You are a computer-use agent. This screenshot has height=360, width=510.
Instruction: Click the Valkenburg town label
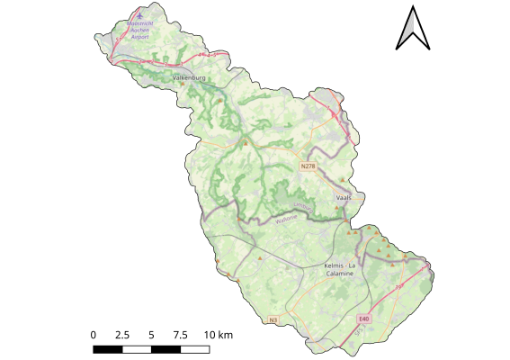[x=189, y=78]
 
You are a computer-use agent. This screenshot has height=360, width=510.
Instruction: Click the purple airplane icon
[x=139, y=16]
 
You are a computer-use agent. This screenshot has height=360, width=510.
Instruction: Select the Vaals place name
[x=344, y=196]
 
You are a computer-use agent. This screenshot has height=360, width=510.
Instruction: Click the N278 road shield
[x=309, y=166]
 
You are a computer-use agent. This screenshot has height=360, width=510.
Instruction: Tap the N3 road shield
[x=274, y=319]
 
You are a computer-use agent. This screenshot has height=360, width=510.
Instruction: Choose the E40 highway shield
[x=363, y=319]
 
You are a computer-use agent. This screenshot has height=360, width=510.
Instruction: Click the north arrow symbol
[x=414, y=27]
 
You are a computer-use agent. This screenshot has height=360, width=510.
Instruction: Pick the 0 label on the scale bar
[x=94, y=335]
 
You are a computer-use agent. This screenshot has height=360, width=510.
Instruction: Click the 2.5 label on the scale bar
[x=122, y=335]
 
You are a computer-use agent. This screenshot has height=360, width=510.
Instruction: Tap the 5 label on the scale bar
[x=151, y=335]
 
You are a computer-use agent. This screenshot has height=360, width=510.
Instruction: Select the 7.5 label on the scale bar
[x=180, y=335]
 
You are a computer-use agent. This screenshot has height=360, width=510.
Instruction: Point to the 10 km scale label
[x=219, y=335]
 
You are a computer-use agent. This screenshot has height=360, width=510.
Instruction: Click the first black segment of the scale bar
[x=108, y=347]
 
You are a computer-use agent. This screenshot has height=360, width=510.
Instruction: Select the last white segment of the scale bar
[x=194, y=347]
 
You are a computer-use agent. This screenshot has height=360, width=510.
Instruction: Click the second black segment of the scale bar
[x=166, y=347]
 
